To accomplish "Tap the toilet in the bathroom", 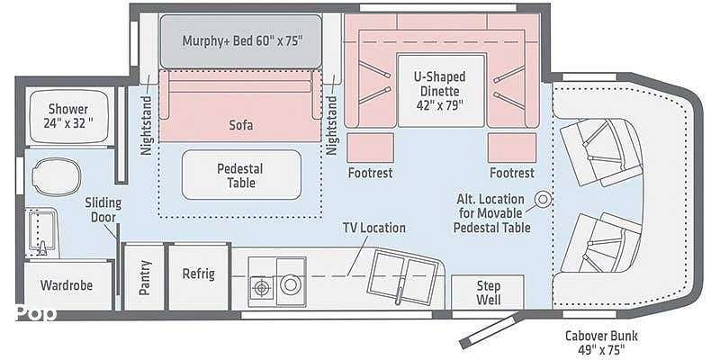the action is (x=57, y=176).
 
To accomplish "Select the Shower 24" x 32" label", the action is (x=68, y=116).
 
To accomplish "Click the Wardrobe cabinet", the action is (x=67, y=285).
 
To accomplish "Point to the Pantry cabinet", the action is (x=145, y=278).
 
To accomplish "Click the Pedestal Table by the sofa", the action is (x=241, y=175).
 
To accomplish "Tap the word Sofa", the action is (x=241, y=125).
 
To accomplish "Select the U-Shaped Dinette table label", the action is (x=440, y=91).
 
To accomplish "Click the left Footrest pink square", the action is (x=370, y=148).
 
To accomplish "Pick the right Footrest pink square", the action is (x=512, y=148).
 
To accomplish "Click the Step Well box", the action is (x=488, y=292).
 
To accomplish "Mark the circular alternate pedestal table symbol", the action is (x=544, y=199).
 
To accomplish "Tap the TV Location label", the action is (x=374, y=228).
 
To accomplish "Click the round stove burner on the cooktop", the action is (x=290, y=284).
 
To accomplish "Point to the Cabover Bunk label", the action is (x=601, y=342).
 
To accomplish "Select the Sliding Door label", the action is (x=103, y=210).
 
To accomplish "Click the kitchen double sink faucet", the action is (x=400, y=291).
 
